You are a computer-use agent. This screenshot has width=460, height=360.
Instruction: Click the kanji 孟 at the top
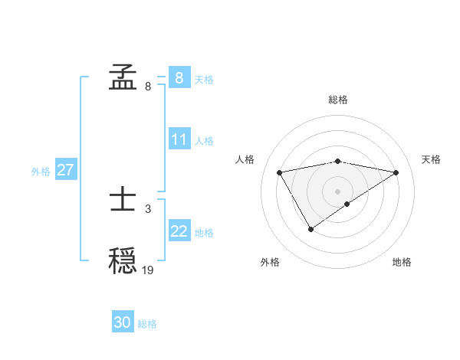(123, 78)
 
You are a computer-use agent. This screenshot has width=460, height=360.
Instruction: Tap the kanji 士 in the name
(123, 202)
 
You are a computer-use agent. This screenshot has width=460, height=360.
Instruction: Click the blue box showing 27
(65, 170)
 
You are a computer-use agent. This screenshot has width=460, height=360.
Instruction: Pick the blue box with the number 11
(179, 140)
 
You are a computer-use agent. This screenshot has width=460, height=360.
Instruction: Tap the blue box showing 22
(179, 231)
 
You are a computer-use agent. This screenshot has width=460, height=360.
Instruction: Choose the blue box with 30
(123, 322)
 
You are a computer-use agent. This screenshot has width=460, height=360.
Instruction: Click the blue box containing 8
(179, 77)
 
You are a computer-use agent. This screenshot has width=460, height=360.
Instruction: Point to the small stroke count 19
(148, 270)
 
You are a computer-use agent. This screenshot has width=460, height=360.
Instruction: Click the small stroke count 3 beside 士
(148, 208)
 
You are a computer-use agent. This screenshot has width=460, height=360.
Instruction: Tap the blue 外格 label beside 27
(41, 172)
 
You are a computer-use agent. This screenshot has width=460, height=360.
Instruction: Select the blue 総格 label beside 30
(147, 324)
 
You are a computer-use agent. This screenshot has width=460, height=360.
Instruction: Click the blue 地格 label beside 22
(204, 233)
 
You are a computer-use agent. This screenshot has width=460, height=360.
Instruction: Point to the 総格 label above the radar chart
(338, 100)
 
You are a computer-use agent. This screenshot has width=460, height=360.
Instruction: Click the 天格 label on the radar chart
(432, 159)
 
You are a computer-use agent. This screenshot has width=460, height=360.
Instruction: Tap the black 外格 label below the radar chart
(269, 262)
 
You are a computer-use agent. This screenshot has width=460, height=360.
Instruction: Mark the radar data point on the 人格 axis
(280, 172)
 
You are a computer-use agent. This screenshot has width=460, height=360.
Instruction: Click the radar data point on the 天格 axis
(396, 172)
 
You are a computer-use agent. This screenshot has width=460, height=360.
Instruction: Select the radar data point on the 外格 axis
(310, 229)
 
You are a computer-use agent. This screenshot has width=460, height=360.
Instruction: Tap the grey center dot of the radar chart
(338, 191)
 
